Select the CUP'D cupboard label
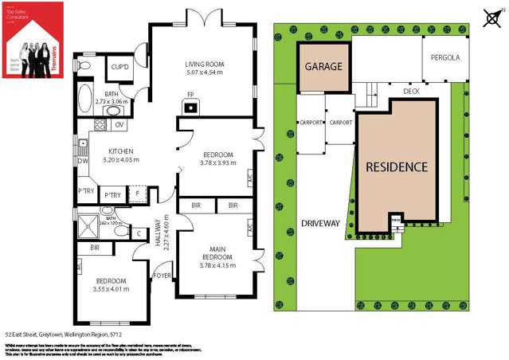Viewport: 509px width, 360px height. (121, 67)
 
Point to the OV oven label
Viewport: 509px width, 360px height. (119, 125)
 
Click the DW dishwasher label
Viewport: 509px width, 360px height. (83, 159)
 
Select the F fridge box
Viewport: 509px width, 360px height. (138, 194)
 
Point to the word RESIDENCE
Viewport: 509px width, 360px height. (397, 167)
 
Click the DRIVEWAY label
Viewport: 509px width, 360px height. (321, 224)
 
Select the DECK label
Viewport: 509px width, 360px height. (411, 92)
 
